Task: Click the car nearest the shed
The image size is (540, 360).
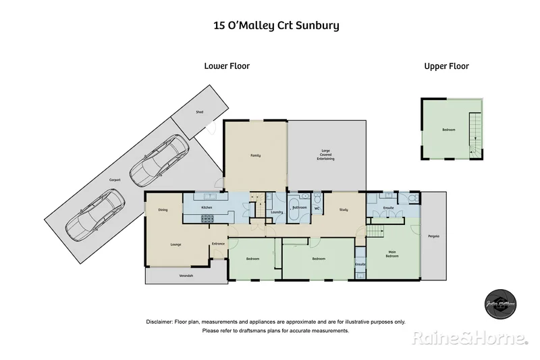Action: (159, 161)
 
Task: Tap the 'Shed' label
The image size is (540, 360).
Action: (199, 111)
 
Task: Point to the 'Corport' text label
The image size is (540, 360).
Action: (115, 180)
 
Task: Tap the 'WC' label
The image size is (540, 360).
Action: (317, 208)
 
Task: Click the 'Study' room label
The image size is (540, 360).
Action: (343, 209)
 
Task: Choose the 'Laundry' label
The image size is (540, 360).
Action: (276, 213)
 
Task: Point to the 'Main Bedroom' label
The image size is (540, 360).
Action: (392, 255)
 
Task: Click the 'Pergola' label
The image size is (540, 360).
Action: (434, 236)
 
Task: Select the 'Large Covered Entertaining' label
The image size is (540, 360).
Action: (327, 155)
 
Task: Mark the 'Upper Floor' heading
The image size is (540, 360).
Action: (446, 66)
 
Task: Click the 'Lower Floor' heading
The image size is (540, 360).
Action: (227, 66)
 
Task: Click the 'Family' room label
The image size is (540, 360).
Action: (255, 155)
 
